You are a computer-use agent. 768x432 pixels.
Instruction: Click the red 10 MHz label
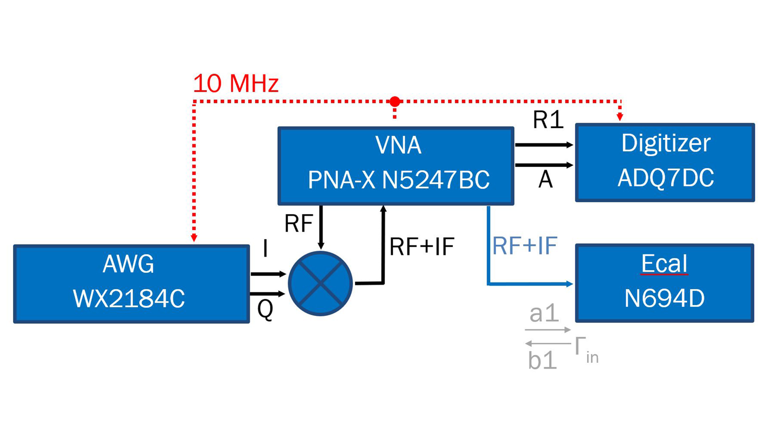[x=236, y=84]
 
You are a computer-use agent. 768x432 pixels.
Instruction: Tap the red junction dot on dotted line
[x=395, y=102]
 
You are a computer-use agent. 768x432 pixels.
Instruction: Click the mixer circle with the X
[x=320, y=284]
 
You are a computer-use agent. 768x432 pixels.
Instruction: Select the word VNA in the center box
[x=398, y=145]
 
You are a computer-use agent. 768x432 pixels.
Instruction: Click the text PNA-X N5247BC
[x=398, y=180]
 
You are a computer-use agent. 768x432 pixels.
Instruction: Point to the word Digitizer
[x=666, y=143]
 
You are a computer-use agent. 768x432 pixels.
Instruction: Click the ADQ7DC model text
[x=666, y=178]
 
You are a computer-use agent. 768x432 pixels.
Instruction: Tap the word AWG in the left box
[x=128, y=264]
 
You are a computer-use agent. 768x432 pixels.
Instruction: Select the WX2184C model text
[x=129, y=299]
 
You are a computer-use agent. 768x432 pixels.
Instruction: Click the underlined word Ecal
[x=664, y=264]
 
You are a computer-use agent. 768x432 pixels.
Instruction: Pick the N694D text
[x=664, y=298]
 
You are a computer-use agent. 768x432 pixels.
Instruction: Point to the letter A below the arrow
[x=545, y=179]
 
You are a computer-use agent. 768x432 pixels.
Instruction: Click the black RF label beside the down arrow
[x=298, y=224]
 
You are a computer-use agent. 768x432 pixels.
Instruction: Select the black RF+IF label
[x=422, y=246]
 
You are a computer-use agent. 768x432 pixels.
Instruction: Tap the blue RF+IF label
[x=524, y=246]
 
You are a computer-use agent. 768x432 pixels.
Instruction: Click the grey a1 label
[x=544, y=313]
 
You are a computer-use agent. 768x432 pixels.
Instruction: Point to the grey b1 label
[x=542, y=360]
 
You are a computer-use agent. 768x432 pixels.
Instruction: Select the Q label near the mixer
[x=265, y=309]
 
